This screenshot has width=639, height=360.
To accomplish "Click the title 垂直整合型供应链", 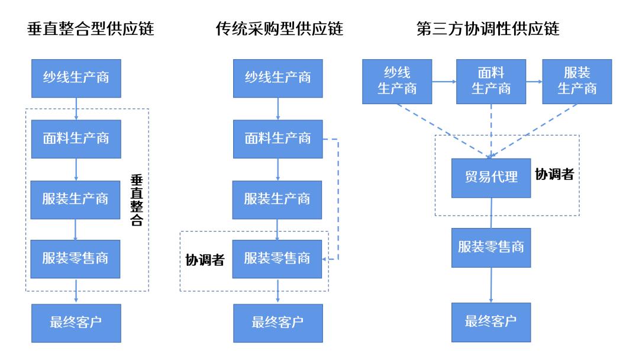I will click(91, 29).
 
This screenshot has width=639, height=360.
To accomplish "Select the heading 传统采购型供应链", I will click(279, 29).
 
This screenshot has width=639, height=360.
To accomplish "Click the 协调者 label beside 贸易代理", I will click(554, 175).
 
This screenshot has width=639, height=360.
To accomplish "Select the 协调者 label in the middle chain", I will click(205, 259).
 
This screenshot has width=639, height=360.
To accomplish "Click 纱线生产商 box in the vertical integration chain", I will click(76, 78).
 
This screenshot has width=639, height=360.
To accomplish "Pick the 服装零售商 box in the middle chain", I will click(277, 259).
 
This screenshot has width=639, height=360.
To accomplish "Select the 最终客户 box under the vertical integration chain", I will click(76, 323).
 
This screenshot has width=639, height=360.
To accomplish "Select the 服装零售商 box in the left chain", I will click(76, 259).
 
